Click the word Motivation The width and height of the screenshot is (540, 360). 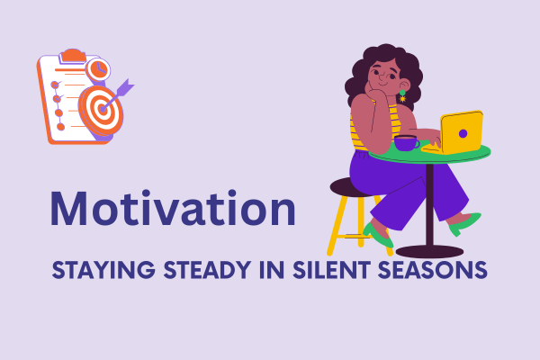click(172, 209)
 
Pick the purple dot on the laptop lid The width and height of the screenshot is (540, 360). click(463, 133)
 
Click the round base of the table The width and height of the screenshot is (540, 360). click(429, 251)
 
